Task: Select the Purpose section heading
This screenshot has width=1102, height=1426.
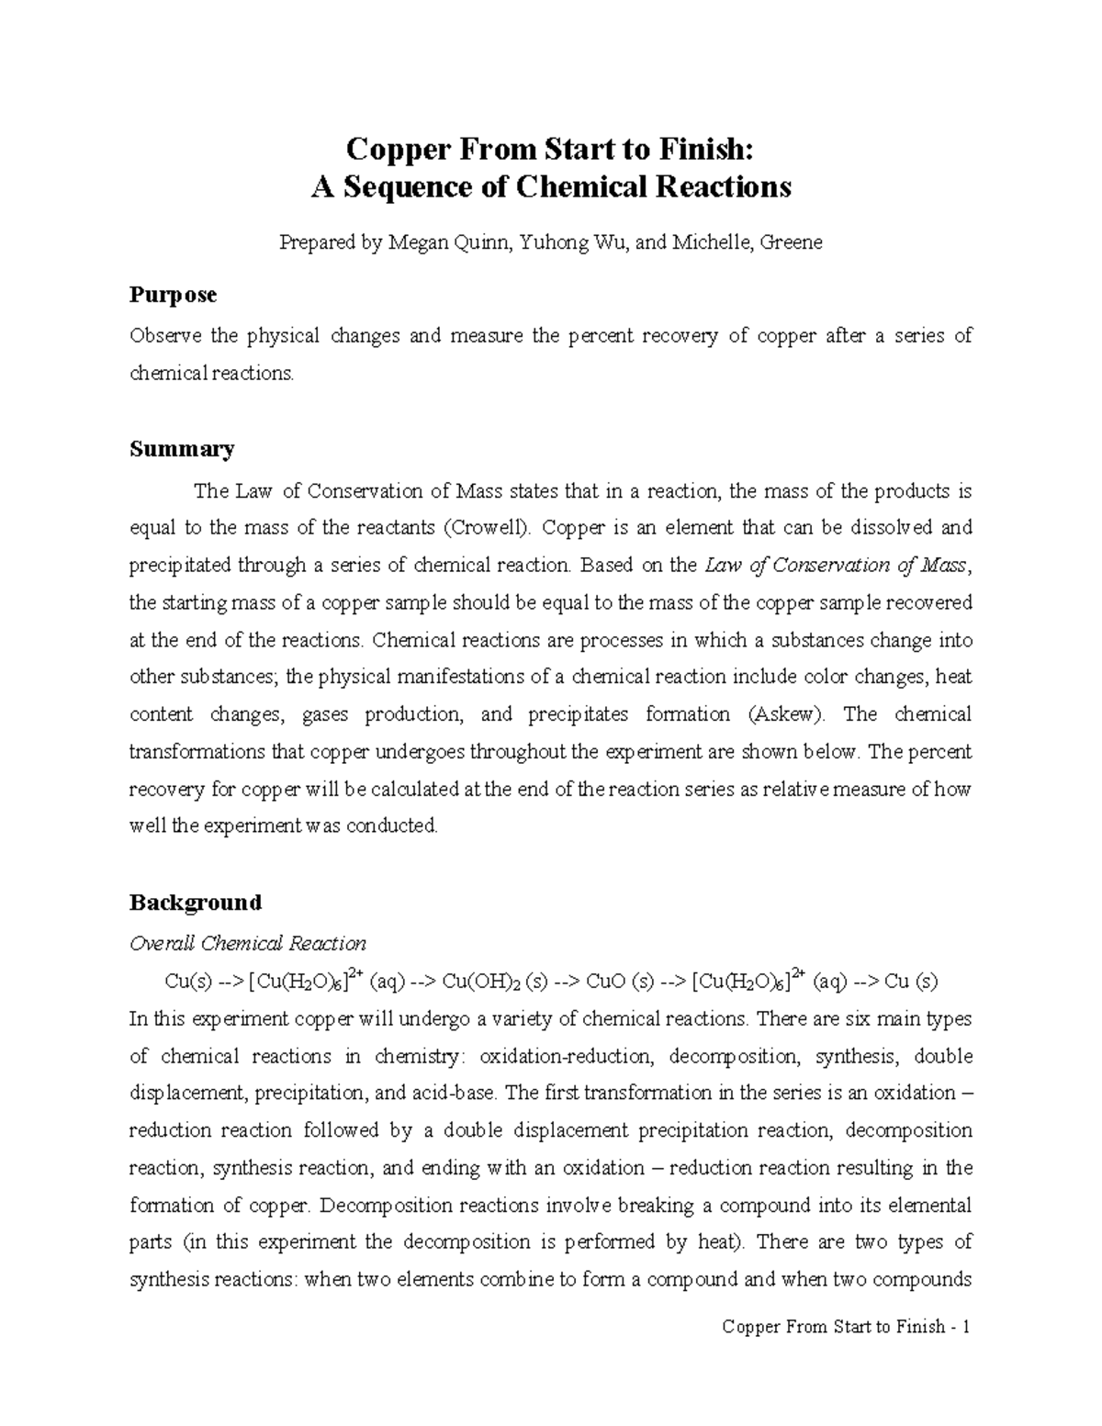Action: point(173,296)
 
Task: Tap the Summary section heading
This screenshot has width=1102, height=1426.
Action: point(181,449)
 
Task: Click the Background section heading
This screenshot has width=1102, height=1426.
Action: point(195,903)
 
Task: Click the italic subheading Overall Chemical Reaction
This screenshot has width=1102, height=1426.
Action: point(247,944)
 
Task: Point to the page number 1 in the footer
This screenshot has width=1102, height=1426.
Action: point(966,1327)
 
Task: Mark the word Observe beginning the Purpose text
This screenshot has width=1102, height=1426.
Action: point(164,336)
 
